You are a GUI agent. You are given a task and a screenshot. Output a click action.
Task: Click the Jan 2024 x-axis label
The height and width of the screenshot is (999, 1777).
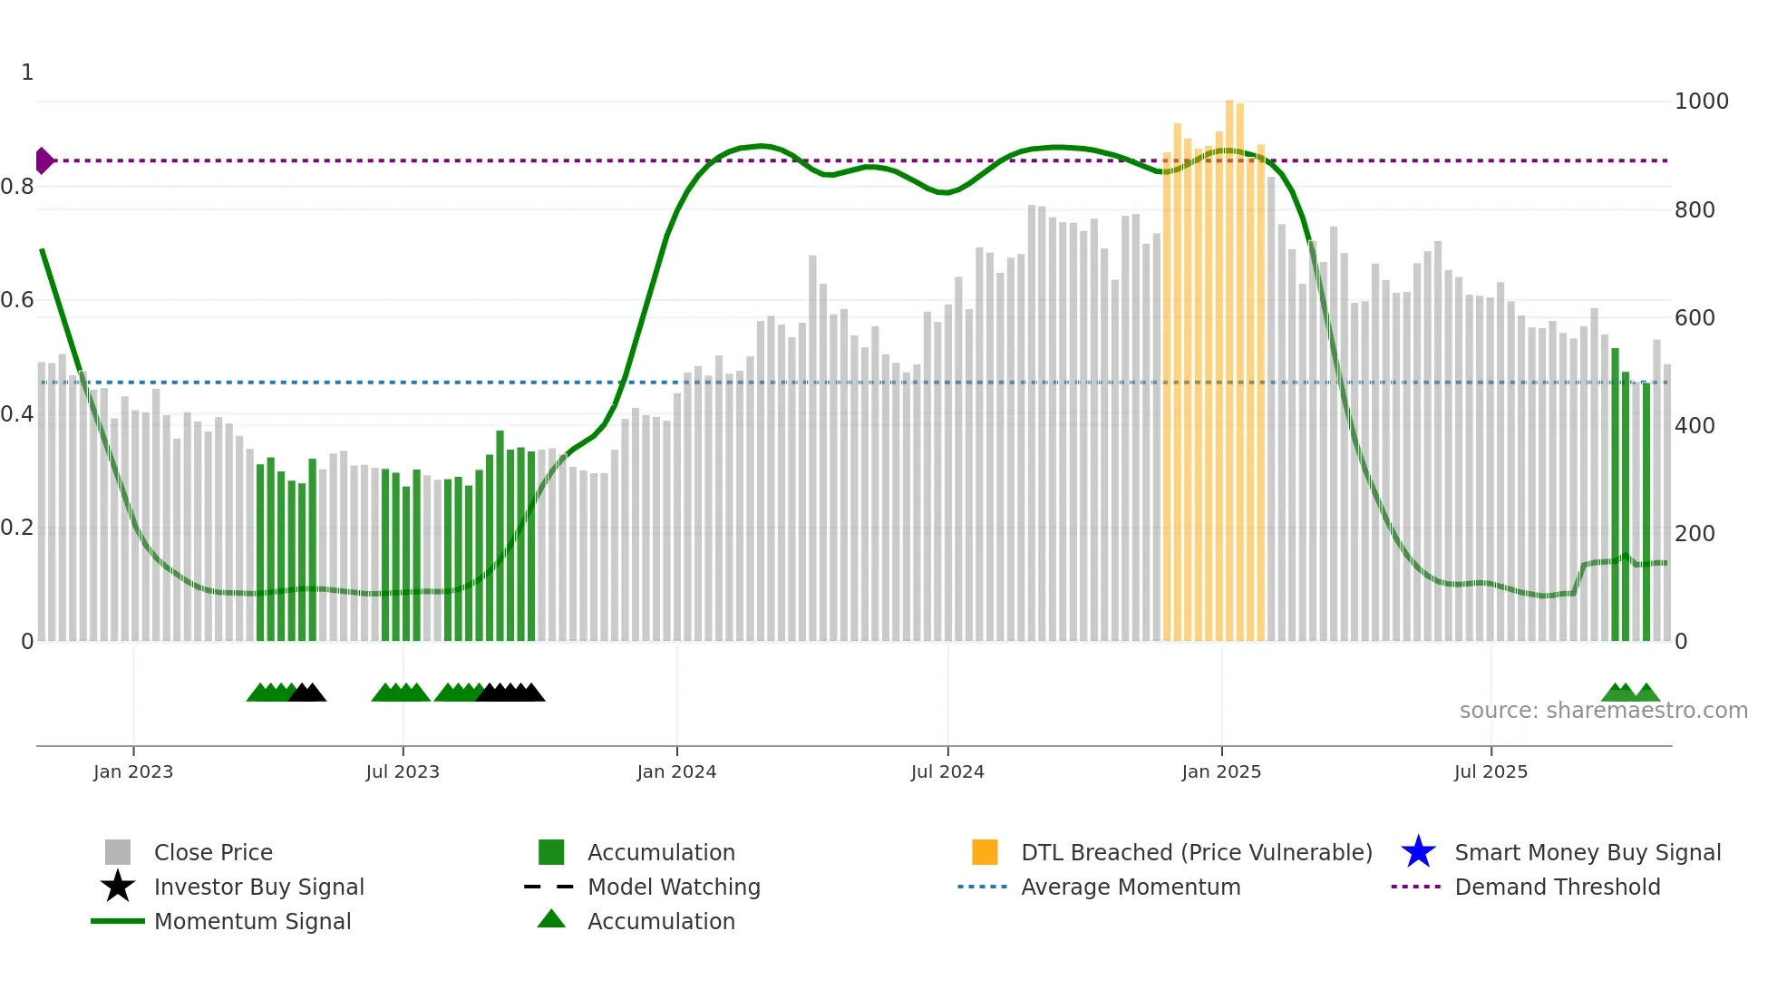tap(676, 771)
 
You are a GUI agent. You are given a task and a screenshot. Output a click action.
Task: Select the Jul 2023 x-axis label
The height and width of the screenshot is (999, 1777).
tap(403, 771)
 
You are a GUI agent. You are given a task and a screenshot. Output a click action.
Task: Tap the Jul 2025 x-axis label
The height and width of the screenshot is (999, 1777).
tap(1491, 771)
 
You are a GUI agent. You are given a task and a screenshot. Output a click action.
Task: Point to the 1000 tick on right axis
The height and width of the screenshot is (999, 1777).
tap(1701, 102)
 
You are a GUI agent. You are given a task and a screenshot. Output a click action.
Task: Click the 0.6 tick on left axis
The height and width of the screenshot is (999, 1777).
tap(17, 300)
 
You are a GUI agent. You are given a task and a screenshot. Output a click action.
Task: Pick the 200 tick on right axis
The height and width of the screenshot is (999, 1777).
tap(1694, 533)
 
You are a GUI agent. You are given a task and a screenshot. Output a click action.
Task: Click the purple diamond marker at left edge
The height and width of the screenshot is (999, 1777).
tap(44, 160)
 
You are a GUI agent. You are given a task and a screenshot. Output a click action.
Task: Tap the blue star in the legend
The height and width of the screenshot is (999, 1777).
tap(1418, 852)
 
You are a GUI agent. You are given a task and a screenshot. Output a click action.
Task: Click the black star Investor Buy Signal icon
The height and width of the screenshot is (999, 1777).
tap(118, 887)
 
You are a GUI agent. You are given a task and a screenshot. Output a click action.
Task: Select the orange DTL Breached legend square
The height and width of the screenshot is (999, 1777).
tap(985, 852)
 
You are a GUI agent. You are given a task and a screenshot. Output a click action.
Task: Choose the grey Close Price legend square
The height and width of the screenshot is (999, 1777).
tap(118, 852)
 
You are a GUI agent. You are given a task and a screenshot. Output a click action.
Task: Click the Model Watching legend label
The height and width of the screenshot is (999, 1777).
tap(674, 887)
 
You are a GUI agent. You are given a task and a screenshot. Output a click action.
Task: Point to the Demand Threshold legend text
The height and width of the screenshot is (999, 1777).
tap(1557, 887)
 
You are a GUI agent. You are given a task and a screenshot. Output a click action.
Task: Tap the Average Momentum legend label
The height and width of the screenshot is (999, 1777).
tap(1131, 887)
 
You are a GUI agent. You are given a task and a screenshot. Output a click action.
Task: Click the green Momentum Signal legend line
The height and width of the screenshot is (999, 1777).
tap(118, 921)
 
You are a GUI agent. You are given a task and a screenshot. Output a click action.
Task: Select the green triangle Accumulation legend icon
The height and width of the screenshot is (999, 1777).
tap(551, 919)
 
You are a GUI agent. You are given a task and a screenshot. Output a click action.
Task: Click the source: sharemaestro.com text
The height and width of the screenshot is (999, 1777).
tap(1603, 711)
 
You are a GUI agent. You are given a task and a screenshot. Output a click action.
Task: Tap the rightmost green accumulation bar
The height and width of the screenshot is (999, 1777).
tap(1646, 512)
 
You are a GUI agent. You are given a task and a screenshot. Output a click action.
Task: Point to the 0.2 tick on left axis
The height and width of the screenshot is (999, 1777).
tap(17, 528)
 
